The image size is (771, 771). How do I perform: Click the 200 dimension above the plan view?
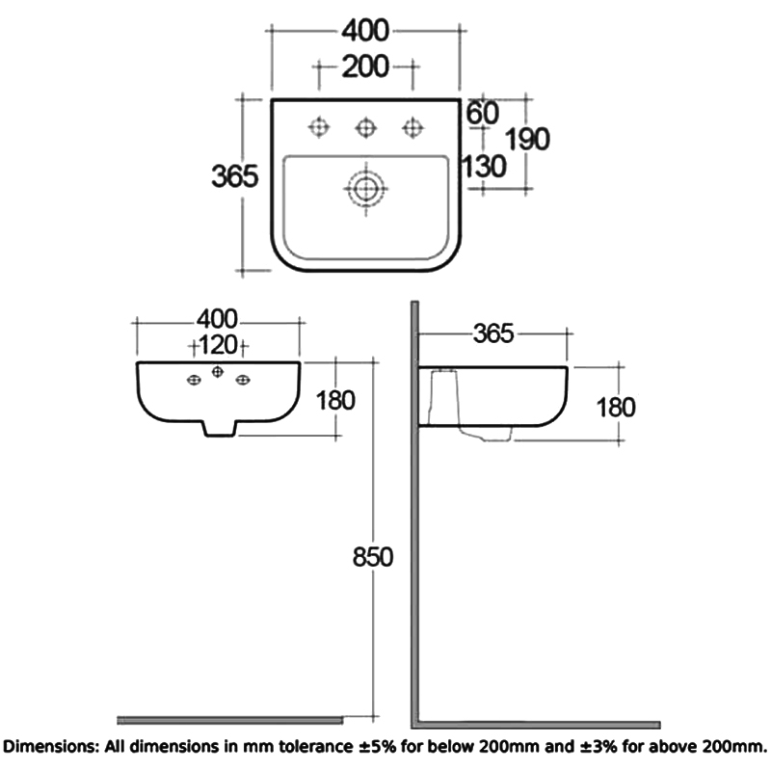[365, 66]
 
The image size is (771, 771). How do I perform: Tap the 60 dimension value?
[483, 113]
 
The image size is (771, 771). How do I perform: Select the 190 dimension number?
[529, 139]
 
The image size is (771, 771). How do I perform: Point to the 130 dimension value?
[485, 167]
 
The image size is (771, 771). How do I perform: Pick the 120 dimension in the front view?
[219, 345]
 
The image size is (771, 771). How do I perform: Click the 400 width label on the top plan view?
[365, 32]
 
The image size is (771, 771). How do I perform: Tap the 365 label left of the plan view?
[235, 176]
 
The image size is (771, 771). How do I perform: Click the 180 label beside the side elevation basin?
[614, 407]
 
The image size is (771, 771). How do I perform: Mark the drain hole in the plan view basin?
[365, 188]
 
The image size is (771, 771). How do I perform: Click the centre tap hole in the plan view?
[365, 126]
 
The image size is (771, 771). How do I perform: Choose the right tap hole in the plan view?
[413, 126]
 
